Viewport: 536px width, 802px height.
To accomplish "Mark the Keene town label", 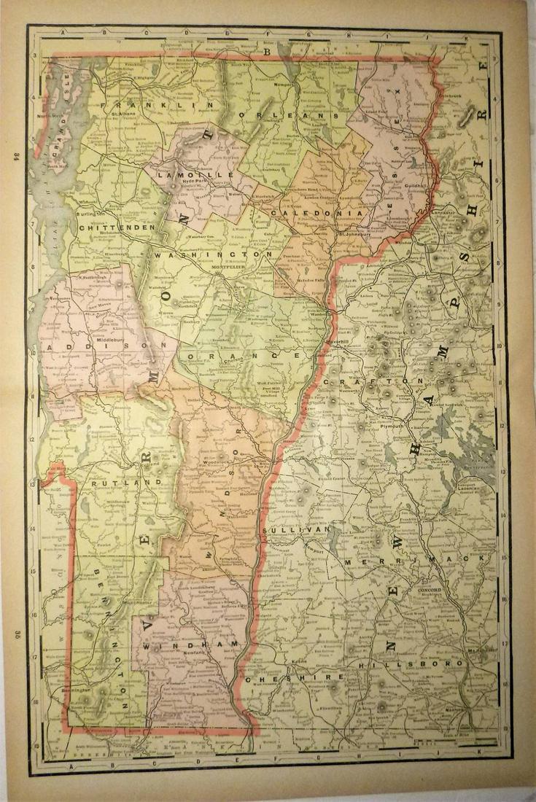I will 298,662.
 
